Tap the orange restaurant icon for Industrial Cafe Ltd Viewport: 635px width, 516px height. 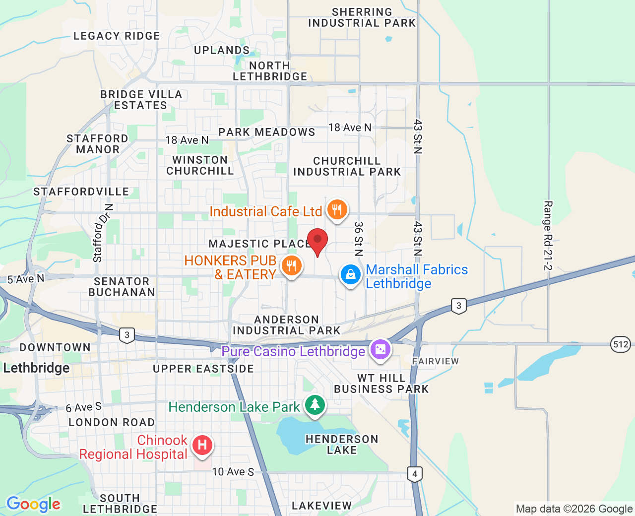[337, 210]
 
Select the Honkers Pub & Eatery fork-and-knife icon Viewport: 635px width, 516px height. [291, 265]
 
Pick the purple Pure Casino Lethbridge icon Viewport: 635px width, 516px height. [381, 350]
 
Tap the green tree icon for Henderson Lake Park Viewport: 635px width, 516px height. [315, 405]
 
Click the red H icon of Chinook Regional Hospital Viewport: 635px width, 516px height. [202, 445]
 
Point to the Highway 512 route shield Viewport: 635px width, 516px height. [620, 344]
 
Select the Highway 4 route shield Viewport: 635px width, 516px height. [415, 474]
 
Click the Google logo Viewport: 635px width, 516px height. [33, 504]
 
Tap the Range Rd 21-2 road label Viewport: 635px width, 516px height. [548, 236]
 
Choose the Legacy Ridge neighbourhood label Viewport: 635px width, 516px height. [117, 36]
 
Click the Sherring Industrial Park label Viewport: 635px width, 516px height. [362, 17]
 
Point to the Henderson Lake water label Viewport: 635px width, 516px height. [342, 445]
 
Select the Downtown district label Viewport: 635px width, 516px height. [55, 347]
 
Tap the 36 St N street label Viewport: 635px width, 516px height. [358, 239]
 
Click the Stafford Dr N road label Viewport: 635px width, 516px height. [103, 233]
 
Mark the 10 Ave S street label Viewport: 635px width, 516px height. [233, 472]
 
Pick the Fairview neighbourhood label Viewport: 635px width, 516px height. [436, 361]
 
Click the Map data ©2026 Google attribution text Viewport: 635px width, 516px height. [574, 509]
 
